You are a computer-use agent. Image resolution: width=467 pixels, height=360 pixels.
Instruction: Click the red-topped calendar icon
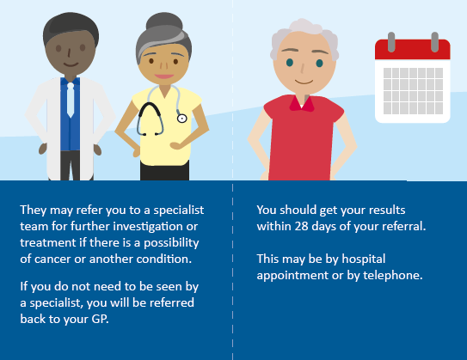pos(413,78)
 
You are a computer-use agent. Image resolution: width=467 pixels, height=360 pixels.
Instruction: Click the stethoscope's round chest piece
pos(182,119)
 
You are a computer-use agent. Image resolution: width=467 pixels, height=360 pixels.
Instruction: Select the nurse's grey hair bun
pos(164,21)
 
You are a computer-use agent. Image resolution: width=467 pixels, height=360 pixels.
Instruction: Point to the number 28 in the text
pos(301,227)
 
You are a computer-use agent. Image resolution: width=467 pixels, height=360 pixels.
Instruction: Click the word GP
pos(100,320)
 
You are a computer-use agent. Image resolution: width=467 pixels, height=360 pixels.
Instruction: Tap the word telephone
pos(392,276)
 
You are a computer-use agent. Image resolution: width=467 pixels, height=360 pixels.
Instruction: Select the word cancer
pos(52,259)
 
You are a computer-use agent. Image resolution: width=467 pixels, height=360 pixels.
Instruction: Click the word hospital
pos(363,259)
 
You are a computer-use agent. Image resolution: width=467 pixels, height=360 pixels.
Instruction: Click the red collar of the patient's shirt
pos(302,104)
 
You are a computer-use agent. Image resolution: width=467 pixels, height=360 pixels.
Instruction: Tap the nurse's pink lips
pos(164,76)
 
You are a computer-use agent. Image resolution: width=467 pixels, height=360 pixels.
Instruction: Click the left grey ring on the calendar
pos(391,42)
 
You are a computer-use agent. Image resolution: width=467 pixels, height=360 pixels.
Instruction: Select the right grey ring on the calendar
pos(434,42)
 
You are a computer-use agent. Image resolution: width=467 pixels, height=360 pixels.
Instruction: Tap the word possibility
pos(171,243)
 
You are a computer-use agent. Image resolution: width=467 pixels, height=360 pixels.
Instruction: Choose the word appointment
pos(292,276)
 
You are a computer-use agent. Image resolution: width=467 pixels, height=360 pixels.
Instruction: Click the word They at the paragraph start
pos(34,211)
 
